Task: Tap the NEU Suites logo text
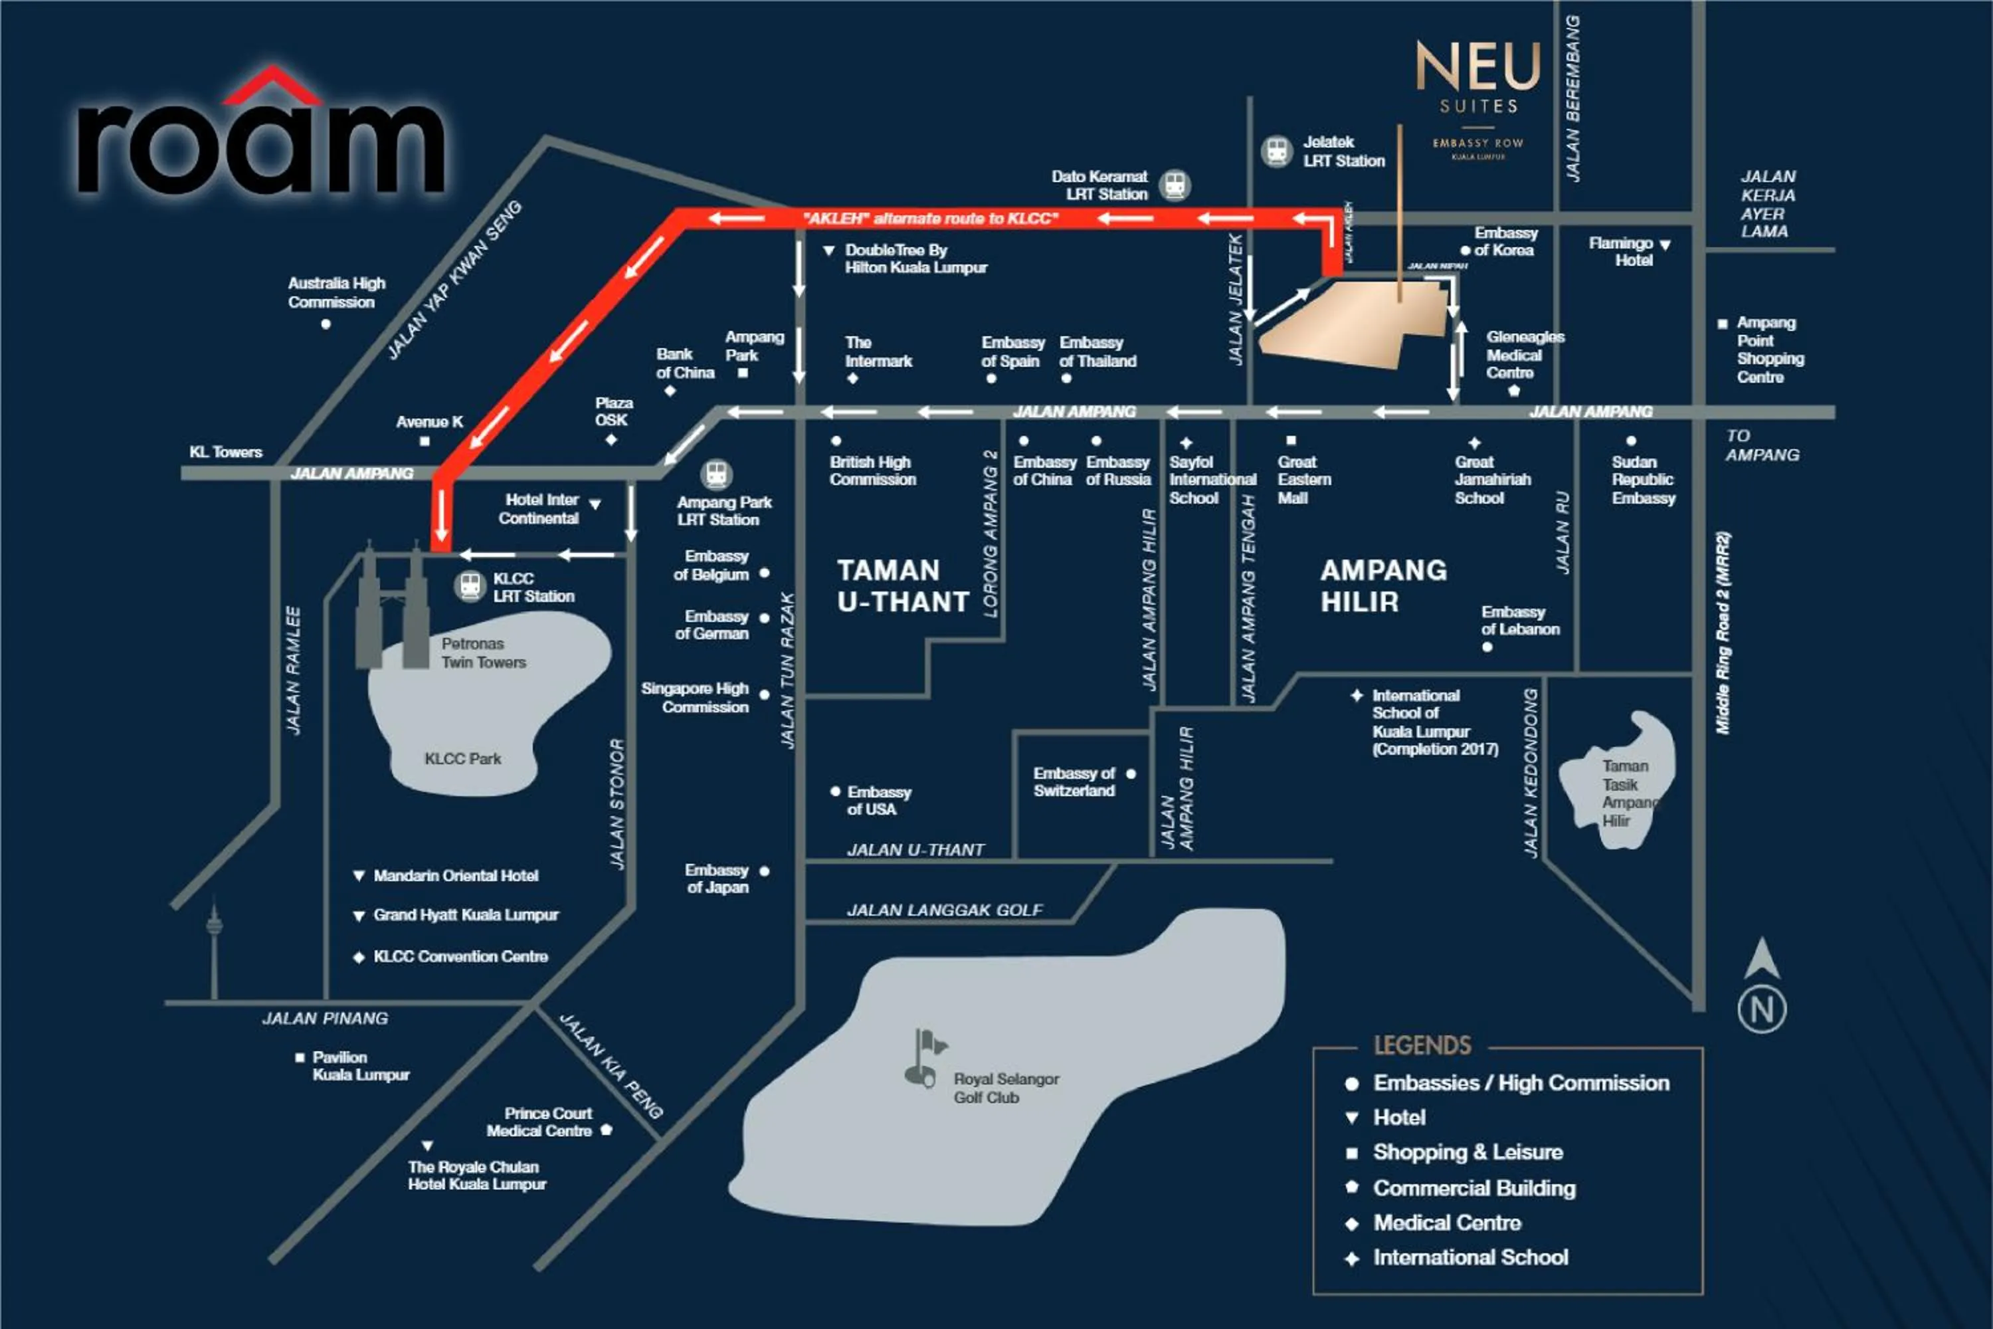(x=1477, y=80)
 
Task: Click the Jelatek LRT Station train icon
(x=1276, y=152)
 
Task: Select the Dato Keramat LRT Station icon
(x=1175, y=185)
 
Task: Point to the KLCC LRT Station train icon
(x=470, y=585)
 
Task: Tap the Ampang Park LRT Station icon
(x=716, y=474)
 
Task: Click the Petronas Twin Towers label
(x=483, y=653)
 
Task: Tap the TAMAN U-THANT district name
(x=902, y=585)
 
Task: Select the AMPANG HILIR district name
(x=1383, y=585)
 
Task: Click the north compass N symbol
(x=1762, y=1009)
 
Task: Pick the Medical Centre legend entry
(x=1446, y=1223)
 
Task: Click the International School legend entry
(x=1470, y=1258)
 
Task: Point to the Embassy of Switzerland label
(x=1074, y=781)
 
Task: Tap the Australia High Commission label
(x=336, y=292)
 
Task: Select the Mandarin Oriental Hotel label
(x=455, y=876)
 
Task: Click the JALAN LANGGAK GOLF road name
(x=945, y=910)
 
